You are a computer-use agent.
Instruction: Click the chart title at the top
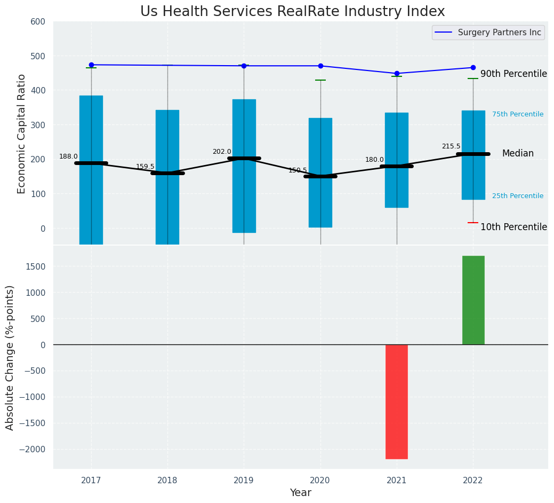[292, 12]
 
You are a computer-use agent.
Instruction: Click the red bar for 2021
[397, 402]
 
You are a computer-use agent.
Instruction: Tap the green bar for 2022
[473, 300]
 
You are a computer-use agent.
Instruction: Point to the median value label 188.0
[68, 156]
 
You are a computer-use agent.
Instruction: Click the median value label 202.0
[222, 152]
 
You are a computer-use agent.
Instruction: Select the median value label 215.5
[451, 146]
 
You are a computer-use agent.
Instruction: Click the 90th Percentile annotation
[513, 74]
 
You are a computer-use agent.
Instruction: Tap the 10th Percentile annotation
[513, 227]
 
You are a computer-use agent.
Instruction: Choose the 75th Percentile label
[517, 114]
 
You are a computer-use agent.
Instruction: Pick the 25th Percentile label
[517, 196]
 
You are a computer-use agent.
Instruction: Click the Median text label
[517, 154]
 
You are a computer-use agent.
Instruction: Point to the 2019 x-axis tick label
[244, 481]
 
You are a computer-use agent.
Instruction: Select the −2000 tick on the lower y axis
[32, 450]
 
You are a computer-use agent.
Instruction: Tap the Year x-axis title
[300, 493]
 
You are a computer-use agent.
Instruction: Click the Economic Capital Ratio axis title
[22, 133]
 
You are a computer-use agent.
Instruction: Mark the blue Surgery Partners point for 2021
[397, 74]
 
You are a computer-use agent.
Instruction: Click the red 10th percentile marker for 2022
[473, 223]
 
